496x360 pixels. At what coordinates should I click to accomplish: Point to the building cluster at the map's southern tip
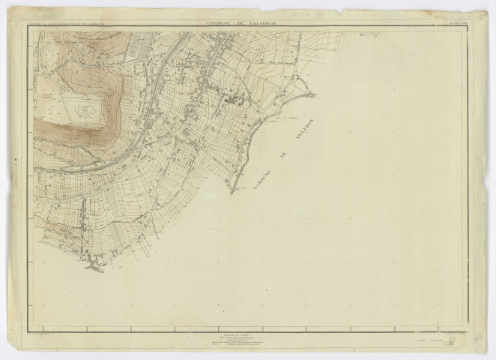pyautogui.click(x=96, y=264)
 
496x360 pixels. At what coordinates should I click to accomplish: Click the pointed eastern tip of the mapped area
pyautogui.click(x=315, y=94)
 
